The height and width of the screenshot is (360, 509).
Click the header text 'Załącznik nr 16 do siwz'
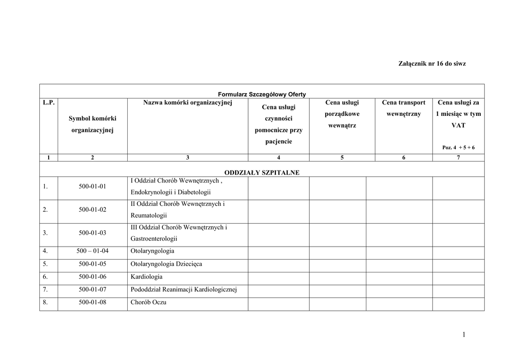[x=432, y=64]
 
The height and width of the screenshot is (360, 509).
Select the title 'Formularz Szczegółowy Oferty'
[x=262, y=94]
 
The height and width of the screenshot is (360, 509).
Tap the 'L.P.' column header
[x=48, y=103]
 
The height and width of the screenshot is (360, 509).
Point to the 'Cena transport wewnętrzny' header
[x=404, y=108]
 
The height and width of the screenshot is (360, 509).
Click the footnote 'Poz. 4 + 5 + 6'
[x=458, y=148]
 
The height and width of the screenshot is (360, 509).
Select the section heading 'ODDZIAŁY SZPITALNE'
[x=262, y=173]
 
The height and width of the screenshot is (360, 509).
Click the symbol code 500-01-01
[x=92, y=187]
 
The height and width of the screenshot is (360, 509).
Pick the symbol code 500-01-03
[x=92, y=233]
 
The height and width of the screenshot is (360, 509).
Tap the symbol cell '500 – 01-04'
[x=92, y=251]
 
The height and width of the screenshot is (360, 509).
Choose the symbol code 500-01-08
[x=92, y=302]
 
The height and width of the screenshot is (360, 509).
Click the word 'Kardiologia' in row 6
[x=147, y=277]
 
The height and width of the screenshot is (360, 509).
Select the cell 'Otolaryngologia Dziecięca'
[x=166, y=264]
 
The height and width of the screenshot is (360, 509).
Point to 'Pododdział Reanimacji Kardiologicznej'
[x=183, y=289]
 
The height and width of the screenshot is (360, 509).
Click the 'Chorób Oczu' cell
[x=148, y=302]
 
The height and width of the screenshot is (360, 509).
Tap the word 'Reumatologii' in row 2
[x=149, y=216]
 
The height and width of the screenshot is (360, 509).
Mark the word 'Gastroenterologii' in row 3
[x=154, y=239]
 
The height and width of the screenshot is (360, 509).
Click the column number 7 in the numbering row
[x=458, y=158]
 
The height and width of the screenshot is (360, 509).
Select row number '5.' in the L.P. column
[x=45, y=264]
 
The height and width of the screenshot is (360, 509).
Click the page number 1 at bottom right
[x=463, y=335]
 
